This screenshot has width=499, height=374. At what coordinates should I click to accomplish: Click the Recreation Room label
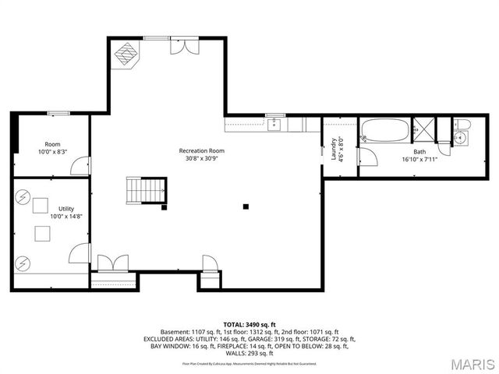click(x=201, y=150)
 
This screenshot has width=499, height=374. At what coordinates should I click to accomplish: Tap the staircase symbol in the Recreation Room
click(x=147, y=189)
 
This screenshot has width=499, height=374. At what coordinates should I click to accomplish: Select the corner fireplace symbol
click(x=125, y=54)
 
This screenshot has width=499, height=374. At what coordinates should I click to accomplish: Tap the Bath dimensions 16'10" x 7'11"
click(x=419, y=160)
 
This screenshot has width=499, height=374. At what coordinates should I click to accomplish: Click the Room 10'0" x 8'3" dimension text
click(x=52, y=152)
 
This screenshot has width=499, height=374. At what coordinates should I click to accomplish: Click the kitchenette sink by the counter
click(x=274, y=124)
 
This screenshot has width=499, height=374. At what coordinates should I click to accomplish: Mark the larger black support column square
click(x=246, y=206)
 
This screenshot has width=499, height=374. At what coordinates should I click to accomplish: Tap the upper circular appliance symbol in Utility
click(x=23, y=198)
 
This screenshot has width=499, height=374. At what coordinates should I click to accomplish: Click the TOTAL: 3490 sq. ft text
click(x=249, y=323)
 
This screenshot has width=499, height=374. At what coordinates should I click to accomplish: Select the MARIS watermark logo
click(x=470, y=364)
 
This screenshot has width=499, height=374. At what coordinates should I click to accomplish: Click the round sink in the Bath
click(x=460, y=139)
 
